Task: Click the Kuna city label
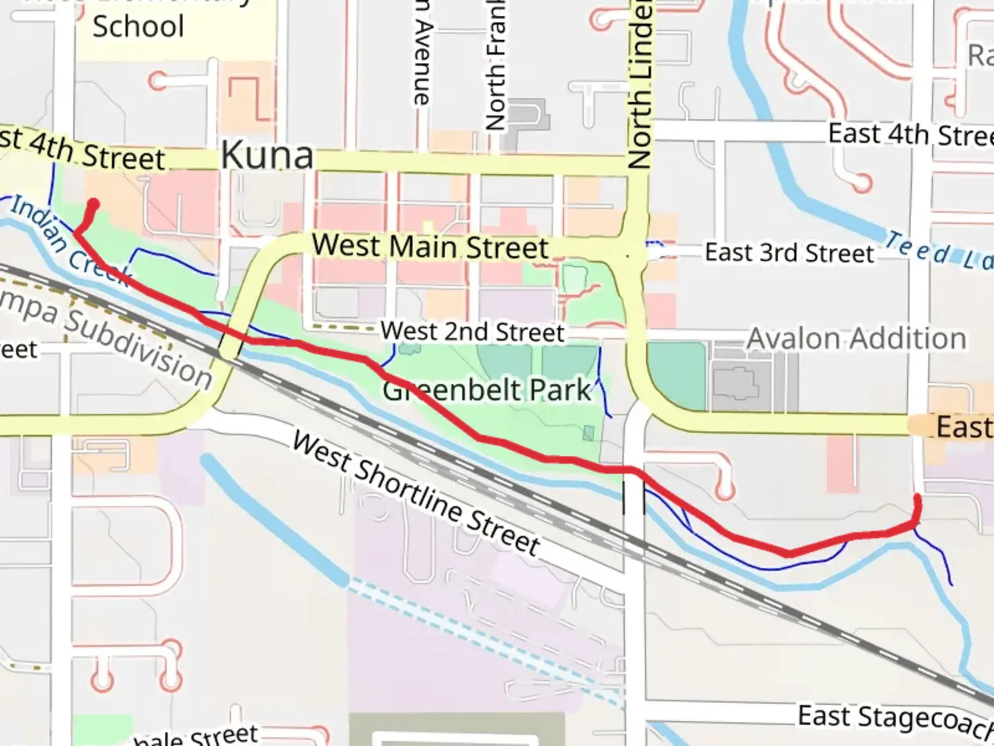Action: pyautogui.click(x=267, y=155)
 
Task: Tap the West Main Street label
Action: pyautogui.click(x=429, y=247)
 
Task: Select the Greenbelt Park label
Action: pyautogui.click(x=487, y=390)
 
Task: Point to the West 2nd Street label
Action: pyautogui.click(x=473, y=332)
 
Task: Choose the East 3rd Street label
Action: pyautogui.click(x=789, y=253)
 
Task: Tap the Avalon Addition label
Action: pyautogui.click(x=857, y=339)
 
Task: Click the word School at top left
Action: pyautogui.click(x=138, y=27)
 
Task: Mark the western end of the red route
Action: pyautogui.click(x=93, y=204)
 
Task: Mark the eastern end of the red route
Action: pyautogui.click(x=917, y=497)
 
